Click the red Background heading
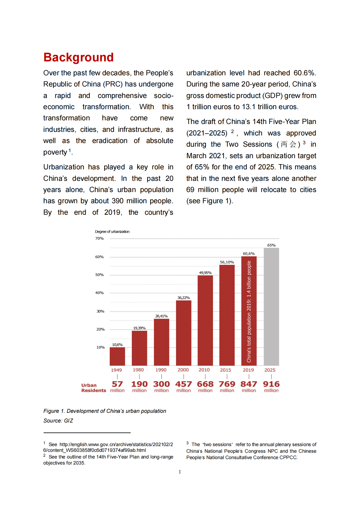[78, 57]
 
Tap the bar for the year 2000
[184, 333]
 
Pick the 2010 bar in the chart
[205, 320]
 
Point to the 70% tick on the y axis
[100, 239]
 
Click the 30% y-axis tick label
[100, 311]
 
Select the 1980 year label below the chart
[138, 370]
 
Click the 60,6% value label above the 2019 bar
[249, 253]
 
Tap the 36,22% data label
[184, 298]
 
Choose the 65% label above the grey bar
[271, 245]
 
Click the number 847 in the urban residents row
[249, 384]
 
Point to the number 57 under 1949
[117, 384]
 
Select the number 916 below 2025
[271, 384]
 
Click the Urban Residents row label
[93, 388]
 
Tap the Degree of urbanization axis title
[112, 232]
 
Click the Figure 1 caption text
[105, 411]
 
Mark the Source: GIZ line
[58, 421]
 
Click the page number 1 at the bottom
[180, 472]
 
